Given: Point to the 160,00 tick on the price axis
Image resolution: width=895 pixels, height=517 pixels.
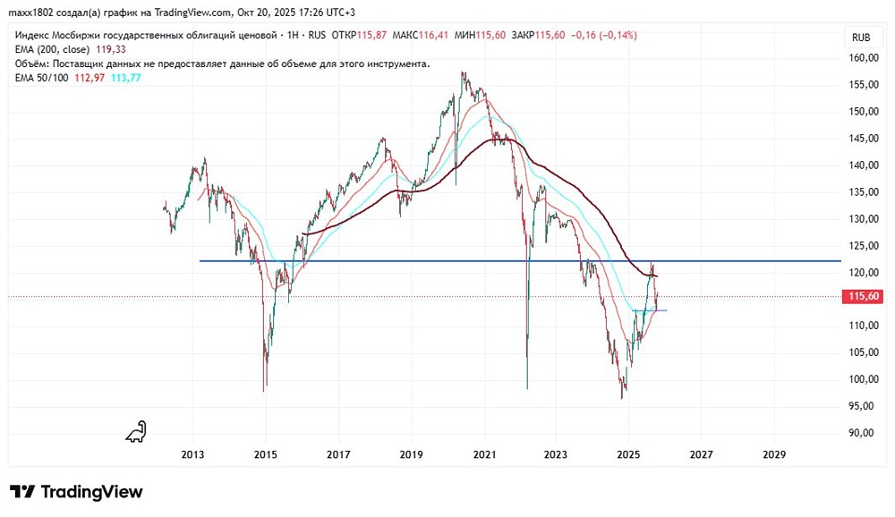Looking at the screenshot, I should click(x=862, y=58).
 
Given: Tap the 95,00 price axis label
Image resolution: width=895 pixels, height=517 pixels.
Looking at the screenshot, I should click(x=862, y=406).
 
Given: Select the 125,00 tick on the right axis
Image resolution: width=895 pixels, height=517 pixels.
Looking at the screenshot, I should click(x=862, y=246).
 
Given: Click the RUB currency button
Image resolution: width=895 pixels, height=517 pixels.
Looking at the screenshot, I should click(x=861, y=38).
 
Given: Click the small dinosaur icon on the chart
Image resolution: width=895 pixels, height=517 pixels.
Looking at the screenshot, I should click(x=136, y=432).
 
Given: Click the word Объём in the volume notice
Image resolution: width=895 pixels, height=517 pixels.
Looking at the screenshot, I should click(x=32, y=64).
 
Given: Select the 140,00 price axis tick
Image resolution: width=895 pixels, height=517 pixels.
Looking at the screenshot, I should click(x=862, y=165).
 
